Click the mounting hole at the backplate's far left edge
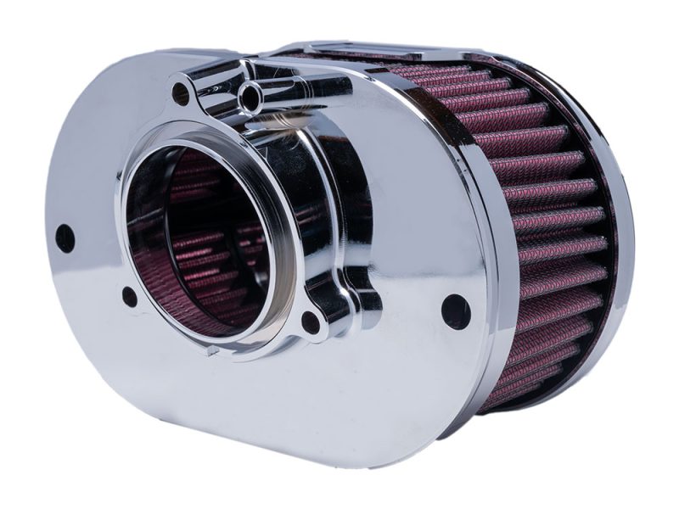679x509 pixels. (x=65, y=238)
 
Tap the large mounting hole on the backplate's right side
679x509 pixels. (x=455, y=310)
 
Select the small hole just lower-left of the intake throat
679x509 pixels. (x=130, y=296)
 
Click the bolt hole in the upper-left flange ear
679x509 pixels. (x=181, y=93)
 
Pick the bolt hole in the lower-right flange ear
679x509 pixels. (x=311, y=322)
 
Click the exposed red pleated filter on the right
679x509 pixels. (x=552, y=212)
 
